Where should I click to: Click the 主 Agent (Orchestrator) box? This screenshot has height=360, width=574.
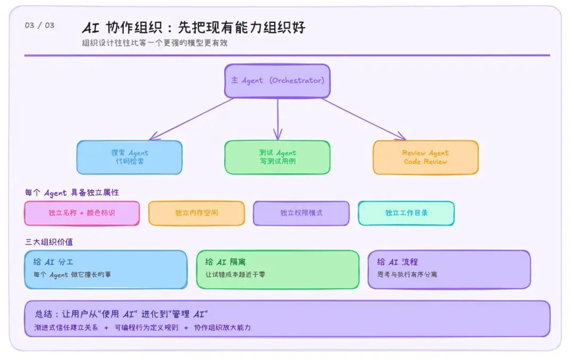(277, 81)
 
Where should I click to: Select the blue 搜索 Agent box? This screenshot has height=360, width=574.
(130, 157)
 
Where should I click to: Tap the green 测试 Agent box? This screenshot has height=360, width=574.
(277, 157)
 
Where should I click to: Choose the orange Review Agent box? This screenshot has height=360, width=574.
(425, 157)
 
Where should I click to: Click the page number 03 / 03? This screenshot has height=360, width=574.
(39, 26)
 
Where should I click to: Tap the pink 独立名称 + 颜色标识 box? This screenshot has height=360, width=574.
(82, 213)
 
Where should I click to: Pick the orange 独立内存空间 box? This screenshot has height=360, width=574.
(197, 213)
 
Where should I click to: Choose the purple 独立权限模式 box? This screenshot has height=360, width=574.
(301, 213)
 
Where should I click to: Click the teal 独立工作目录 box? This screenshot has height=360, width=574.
(407, 213)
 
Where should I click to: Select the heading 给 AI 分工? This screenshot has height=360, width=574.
(54, 262)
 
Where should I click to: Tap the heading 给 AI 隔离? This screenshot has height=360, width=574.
(225, 262)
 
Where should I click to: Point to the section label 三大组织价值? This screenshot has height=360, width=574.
(49, 241)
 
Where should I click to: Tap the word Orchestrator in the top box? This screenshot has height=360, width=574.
(297, 81)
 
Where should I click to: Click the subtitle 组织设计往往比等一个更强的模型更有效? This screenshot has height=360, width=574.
(155, 43)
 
